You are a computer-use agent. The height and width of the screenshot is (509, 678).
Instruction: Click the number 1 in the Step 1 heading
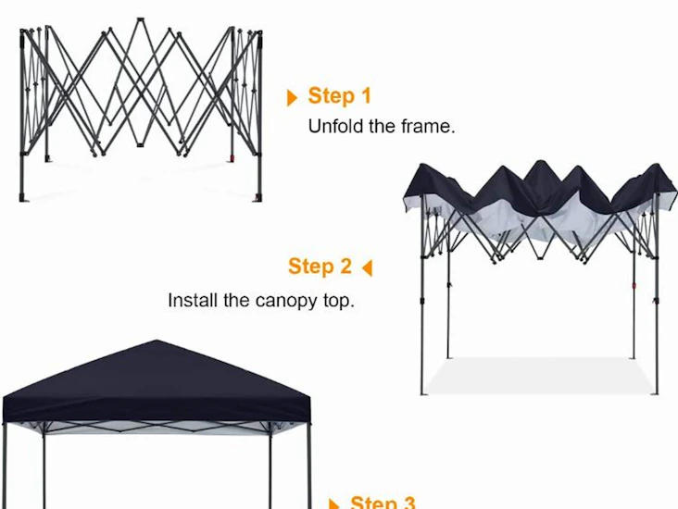click(x=364, y=96)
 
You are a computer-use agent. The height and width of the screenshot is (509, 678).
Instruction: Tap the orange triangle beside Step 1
click(x=293, y=97)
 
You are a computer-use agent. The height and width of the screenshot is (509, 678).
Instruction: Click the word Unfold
click(x=336, y=127)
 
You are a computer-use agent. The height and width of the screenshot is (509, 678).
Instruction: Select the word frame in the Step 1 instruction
click(x=428, y=127)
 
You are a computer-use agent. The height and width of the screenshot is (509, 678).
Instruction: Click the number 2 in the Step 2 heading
click(x=345, y=267)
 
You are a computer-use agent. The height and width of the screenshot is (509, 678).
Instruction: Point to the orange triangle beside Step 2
click(x=367, y=268)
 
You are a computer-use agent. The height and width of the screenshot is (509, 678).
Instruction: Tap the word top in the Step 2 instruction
click(x=337, y=301)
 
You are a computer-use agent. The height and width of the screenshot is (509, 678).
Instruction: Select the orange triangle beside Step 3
click(x=335, y=504)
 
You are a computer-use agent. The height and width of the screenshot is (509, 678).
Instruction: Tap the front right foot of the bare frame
click(x=258, y=197)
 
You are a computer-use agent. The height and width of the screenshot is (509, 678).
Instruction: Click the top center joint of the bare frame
click(x=140, y=19)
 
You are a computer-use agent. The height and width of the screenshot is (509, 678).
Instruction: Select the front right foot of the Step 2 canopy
click(x=658, y=391)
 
